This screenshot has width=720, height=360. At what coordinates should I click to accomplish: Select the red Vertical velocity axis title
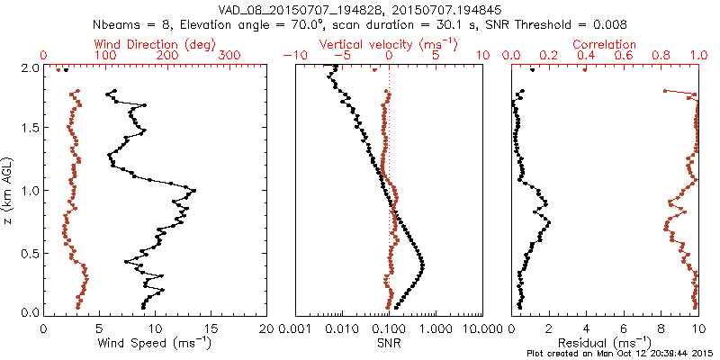[389, 44]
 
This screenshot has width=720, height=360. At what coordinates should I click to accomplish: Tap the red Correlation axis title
[605, 44]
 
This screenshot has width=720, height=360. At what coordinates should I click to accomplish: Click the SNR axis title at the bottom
[389, 343]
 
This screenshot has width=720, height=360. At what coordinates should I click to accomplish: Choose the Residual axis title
[605, 343]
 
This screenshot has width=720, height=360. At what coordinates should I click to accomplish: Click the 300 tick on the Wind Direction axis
[231, 56]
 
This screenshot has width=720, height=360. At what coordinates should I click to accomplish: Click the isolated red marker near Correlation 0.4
[585, 70]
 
